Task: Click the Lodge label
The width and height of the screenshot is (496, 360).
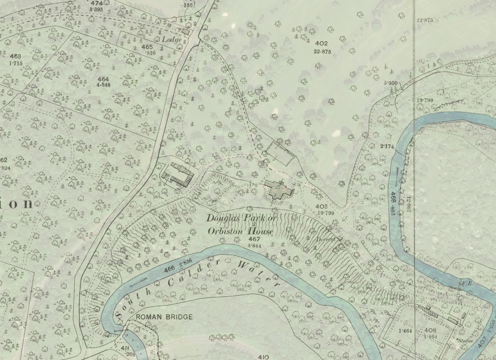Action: click(x=172, y=39)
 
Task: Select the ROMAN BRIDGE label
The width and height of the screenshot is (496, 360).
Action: click(x=164, y=317)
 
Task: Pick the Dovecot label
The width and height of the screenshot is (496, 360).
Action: click(x=326, y=239)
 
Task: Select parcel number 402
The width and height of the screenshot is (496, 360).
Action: click(x=322, y=44)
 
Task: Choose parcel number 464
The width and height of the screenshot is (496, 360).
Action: click(x=103, y=79)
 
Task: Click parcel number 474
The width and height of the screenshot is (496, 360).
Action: click(x=96, y=3)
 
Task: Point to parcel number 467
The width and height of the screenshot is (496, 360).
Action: click(x=254, y=239)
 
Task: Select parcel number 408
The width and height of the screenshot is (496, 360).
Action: click(x=430, y=330)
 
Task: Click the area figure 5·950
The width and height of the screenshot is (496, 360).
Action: click(x=390, y=83)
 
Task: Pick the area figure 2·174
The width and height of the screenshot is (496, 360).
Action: click(x=387, y=146)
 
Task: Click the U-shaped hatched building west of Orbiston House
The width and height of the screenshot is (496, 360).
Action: click(x=177, y=175)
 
